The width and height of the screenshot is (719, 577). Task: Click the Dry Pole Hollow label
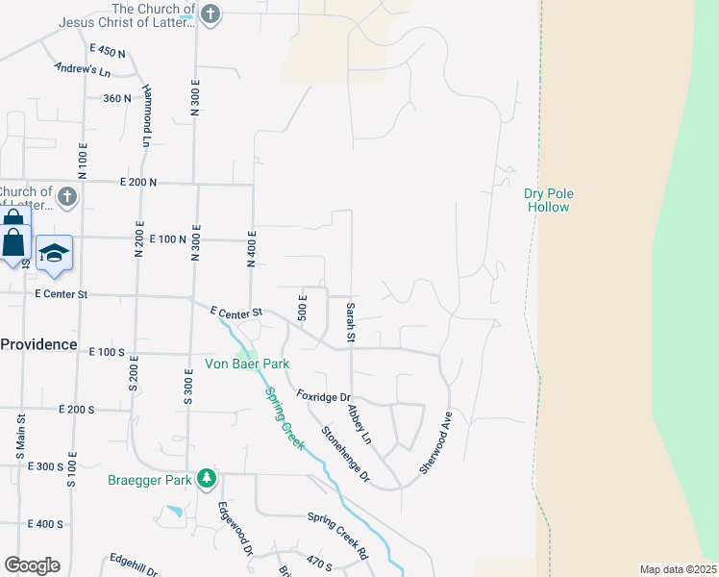pyautogui.click(x=548, y=200)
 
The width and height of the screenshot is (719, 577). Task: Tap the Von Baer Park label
pyautogui.click(x=247, y=364)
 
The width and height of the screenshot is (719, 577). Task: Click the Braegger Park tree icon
pyautogui.click(x=206, y=478)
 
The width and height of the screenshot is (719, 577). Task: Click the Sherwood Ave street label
pyautogui.click(x=434, y=442)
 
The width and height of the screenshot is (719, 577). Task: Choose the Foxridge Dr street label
pyautogui.click(x=323, y=396)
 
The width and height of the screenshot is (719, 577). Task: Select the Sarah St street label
pyautogui.click(x=351, y=323)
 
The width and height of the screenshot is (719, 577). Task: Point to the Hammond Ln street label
pyautogui.click(x=147, y=113)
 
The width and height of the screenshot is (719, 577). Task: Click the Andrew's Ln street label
pyautogui.click(x=83, y=69)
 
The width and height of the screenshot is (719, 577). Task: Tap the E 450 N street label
pyautogui.click(x=107, y=50)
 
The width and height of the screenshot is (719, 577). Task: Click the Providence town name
pyautogui.click(x=37, y=344)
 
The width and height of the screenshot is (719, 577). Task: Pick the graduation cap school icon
pyautogui.click(x=55, y=252)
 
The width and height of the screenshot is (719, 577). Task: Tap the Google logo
pyautogui.click(x=32, y=565)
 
